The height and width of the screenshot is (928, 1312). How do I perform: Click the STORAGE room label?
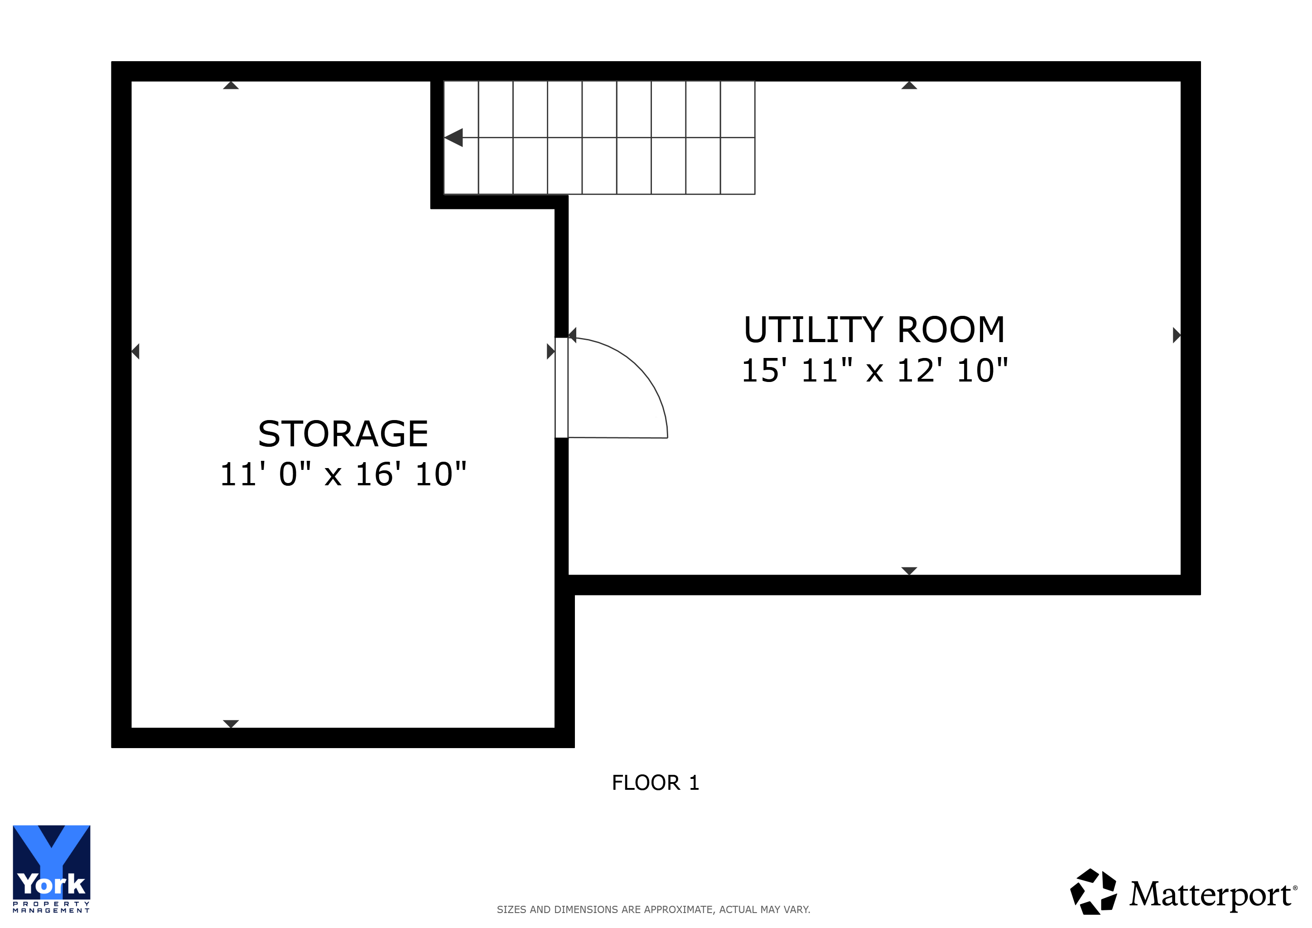tap(343, 434)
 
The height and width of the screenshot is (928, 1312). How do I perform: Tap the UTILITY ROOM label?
tap(874, 330)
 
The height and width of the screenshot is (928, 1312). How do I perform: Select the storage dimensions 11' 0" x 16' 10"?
tap(343, 474)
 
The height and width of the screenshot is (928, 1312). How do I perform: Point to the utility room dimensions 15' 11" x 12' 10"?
tap(875, 370)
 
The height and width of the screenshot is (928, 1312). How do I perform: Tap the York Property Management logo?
tap(52, 869)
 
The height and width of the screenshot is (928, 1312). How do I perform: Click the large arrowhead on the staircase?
tap(453, 138)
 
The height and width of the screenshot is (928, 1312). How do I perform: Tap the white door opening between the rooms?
tap(562, 388)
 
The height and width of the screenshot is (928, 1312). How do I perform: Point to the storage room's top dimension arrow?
tap(231, 85)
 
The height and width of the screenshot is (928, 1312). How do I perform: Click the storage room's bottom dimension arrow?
tap(231, 724)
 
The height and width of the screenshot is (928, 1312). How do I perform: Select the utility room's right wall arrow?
tap(1177, 335)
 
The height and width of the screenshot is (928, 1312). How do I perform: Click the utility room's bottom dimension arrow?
tap(909, 571)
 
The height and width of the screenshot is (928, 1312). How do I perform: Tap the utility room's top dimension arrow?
tap(909, 85)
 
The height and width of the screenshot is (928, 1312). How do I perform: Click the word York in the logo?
tap(52, 884)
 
